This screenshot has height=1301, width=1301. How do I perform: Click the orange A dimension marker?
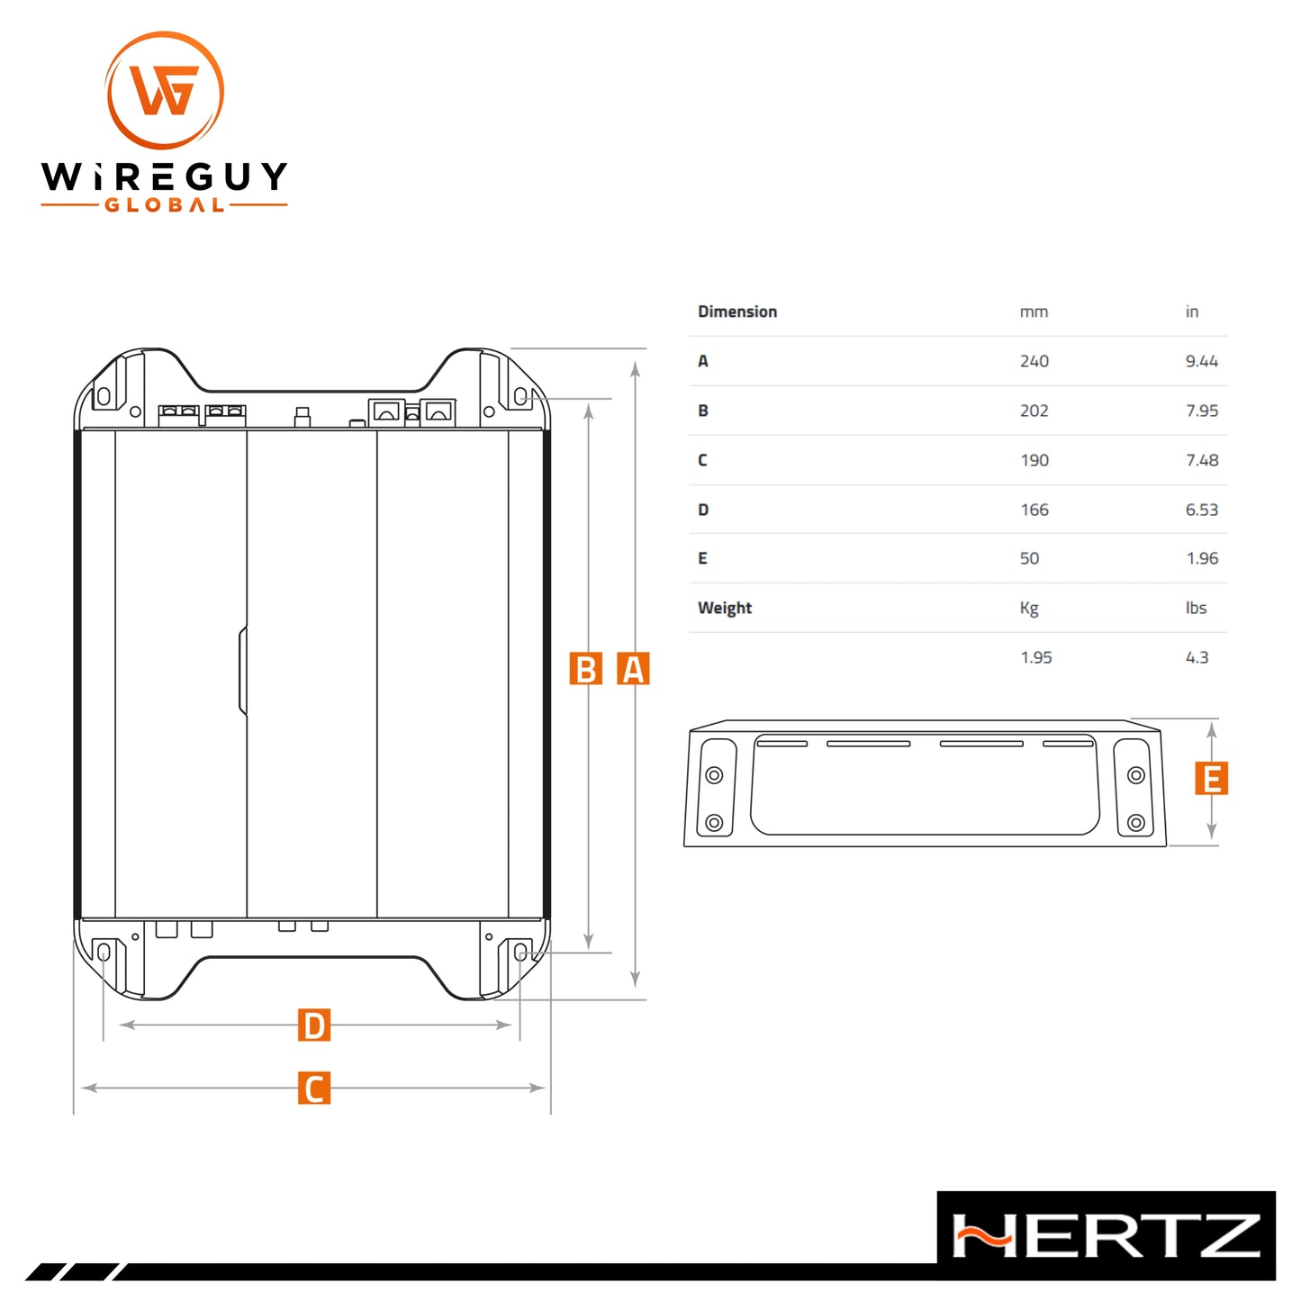click(633, 668)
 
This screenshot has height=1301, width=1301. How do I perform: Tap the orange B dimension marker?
click(585, 668)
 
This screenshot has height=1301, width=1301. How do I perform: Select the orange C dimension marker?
click(314, 1087)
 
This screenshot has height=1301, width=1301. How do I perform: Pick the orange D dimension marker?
click(314, 1025)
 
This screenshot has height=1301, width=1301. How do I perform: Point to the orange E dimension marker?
click(1211, 778)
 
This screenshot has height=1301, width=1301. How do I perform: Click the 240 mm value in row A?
click(1034, 361)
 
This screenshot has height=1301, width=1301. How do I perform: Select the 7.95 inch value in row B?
click(1202, 411)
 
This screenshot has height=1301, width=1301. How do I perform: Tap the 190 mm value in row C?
click(1034, 460)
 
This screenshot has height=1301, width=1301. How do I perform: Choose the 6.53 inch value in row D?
click(1202, 510)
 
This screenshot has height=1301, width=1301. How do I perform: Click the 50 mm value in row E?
click(1029, 558)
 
